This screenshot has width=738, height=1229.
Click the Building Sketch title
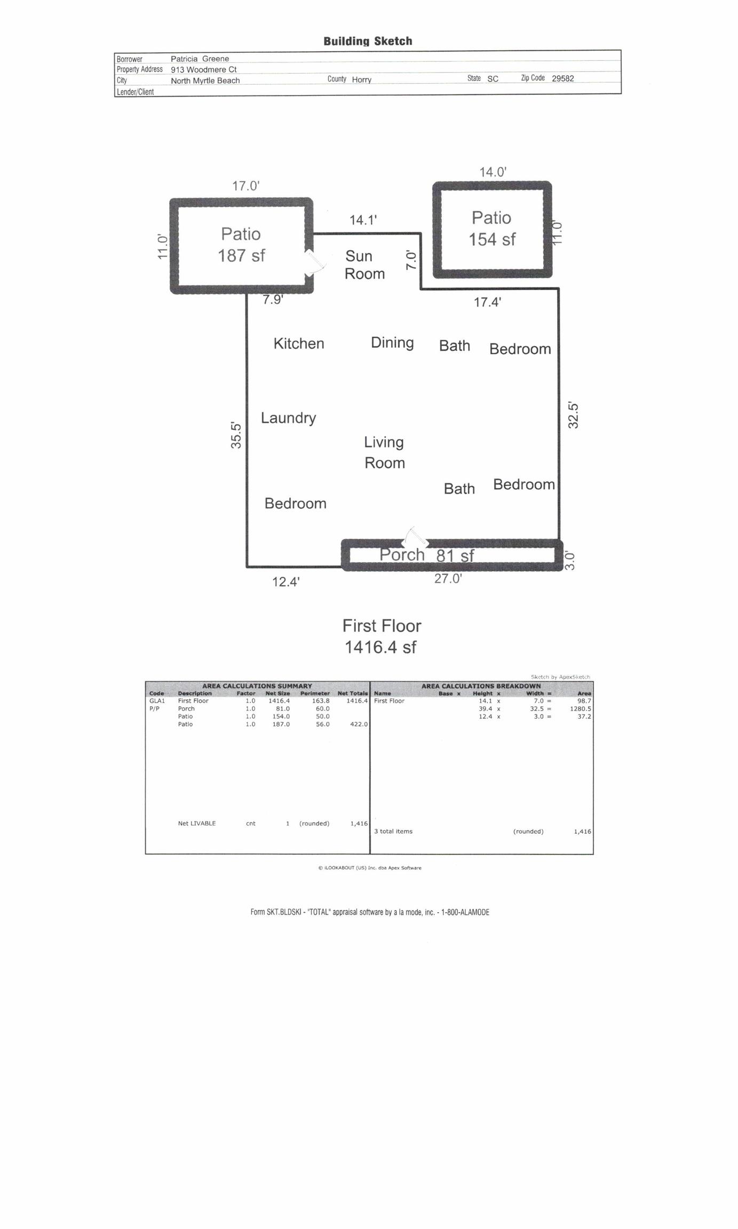click(x=368, y=41)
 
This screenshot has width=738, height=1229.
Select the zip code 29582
click(x=563, y=78)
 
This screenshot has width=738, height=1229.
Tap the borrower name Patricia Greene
click(x=200, y=59)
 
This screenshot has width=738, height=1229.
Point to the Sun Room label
click(x=364, y=265)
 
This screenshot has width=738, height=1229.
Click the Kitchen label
click(x=299, y=343)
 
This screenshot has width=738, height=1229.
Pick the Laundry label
click(x=288, y=418)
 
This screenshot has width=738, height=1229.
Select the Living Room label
click(x=384, y=452)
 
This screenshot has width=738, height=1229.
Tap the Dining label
click(x=392, y=342)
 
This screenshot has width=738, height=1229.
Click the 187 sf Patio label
click(x=241, y=245)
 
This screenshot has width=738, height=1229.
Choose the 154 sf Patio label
click(x=492, y=228)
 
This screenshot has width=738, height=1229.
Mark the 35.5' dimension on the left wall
click(x=236, y=435)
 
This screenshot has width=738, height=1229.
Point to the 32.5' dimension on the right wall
click(x=573, y=415)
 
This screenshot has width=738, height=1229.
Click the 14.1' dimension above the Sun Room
click(x=363, y=220)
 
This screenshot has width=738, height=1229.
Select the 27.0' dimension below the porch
click(x=448, y=579)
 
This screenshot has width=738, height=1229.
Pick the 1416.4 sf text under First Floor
click(x=380, y=647)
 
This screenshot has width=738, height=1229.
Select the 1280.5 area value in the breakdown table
click(x=581, y=709)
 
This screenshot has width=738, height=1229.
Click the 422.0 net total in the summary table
click(x=359, y=724)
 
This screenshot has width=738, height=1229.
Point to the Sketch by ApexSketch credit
click(x=560, y=677)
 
